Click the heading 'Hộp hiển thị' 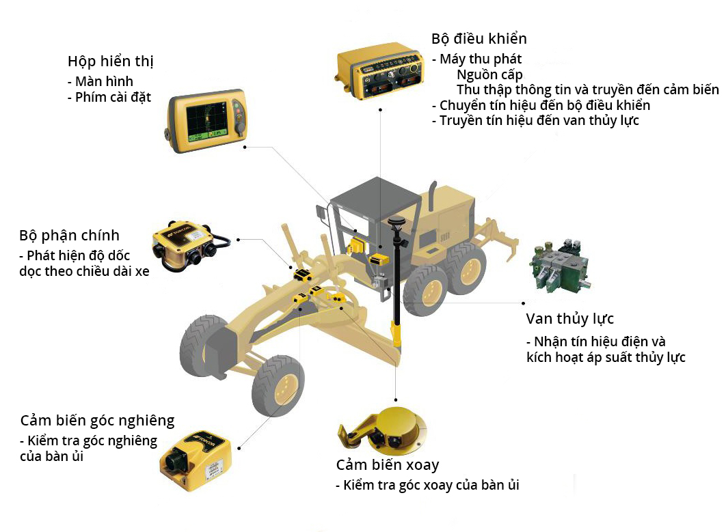click(110, 61)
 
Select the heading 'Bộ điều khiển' click(479, 38)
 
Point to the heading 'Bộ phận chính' click(69, 236)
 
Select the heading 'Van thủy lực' click(569, 319)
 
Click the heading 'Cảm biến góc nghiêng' click(97, 420)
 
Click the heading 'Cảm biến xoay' click(387, 465)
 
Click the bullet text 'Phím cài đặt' click(109, 97)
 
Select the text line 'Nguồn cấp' click(489, 74)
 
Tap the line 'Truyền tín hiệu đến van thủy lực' click(535, 120)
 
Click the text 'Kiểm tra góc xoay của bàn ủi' click(427, 486)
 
